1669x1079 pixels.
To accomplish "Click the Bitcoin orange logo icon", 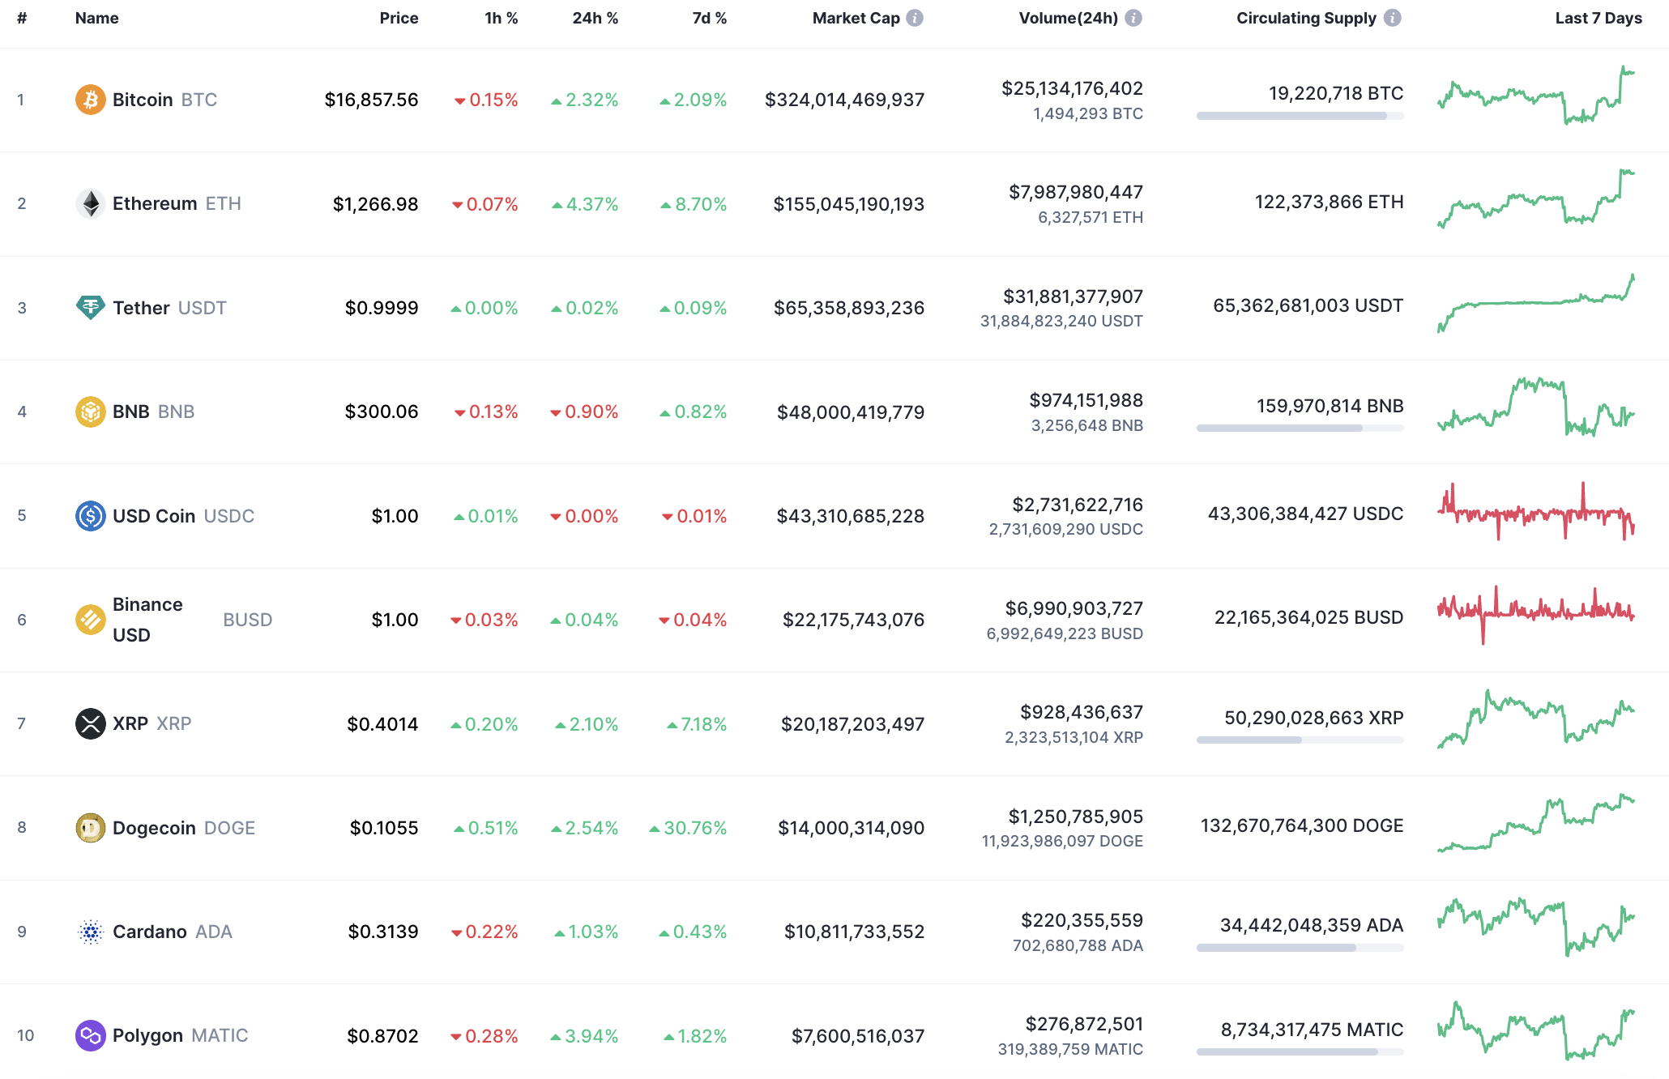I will click(x=90, y=100).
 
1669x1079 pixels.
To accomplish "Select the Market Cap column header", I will click(x=856, y=18).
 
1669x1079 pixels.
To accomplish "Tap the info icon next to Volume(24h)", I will click(x=1133, y=18).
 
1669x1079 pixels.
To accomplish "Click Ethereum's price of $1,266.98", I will click(x=375, y=204).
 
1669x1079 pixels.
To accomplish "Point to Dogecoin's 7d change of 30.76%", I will click(x=688, y=828).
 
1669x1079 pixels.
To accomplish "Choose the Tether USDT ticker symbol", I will click(x=202, y=308).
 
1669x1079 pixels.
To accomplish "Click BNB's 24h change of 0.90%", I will click(x=584, y=412).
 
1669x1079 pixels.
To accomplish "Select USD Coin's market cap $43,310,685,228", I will click(x=850, y=516).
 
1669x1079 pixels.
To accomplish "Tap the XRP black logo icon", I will click(x=90, y=723).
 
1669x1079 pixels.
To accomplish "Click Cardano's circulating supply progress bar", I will click(x=1300, y=948).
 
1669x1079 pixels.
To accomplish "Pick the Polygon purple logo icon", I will click(x=90, y=1035).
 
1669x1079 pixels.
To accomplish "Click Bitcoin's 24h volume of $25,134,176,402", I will click(x=1072, y=88).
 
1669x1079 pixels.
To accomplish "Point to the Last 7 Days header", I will click(x=1598, y=18).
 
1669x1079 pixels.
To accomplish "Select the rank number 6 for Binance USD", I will click(x=22, y=620).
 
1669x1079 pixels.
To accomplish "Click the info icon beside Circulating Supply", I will click(x=1392, y=18).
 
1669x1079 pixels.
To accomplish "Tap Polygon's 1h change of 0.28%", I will click(x=484, y=1036).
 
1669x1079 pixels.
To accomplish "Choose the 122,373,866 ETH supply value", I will click(x=1329, y=202).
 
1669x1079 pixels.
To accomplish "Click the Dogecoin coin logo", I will click(x=90, y=828).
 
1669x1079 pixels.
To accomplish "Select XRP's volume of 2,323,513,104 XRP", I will click(x=1074, y=737).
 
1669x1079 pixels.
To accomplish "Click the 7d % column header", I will click(x=709, y=18).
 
